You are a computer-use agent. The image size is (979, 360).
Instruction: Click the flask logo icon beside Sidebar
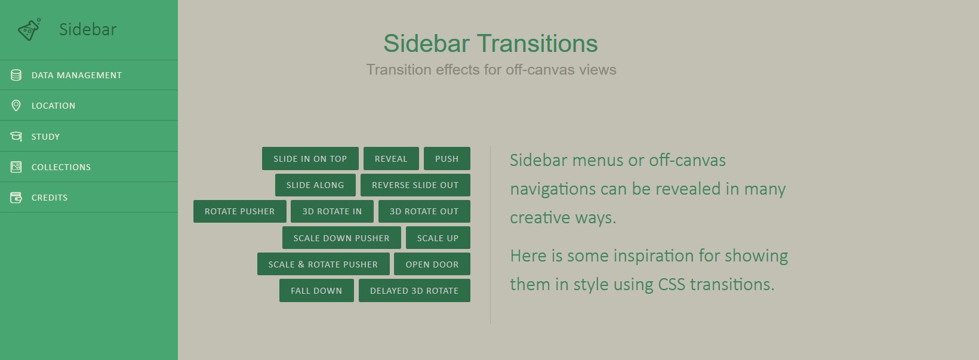(x=29, y=29)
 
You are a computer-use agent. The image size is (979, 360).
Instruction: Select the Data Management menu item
(x=89, y=75)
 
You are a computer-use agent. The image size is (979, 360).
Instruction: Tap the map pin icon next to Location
(x=16, y=106)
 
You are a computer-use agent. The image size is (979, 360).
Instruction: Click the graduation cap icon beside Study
(x=16, y=136)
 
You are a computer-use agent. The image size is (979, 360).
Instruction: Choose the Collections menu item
(x=89, y=167)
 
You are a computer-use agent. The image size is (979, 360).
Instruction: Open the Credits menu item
(x=89, y=198)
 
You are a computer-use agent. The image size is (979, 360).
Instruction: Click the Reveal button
(x=391, y=159)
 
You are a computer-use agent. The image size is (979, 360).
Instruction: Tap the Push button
(x=447, y=159)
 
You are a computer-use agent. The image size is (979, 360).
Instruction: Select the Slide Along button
(x=315, y=185)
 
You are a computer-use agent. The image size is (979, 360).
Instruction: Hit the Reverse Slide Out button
(x=415, y=185)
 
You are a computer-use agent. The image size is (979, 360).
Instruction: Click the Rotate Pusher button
(x=240, y=211)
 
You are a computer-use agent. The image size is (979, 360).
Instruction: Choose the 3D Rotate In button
(x=332, y=211)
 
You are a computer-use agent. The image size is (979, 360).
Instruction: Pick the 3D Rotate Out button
(x=424, y=211)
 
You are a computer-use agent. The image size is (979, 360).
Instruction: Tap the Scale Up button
(x=438, y=238)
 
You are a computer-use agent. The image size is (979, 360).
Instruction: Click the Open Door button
(x=432, y=264)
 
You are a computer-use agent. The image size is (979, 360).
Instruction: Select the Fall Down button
(x=316, y=291)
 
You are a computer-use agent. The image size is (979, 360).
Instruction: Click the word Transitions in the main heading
(x=537, y=43)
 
